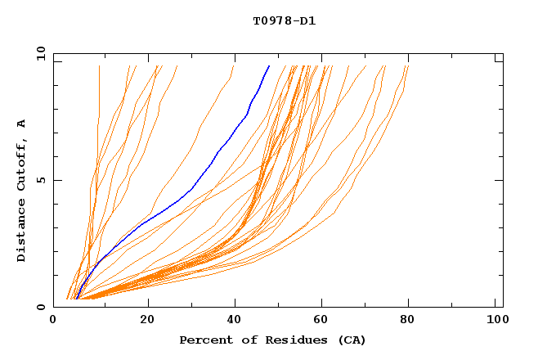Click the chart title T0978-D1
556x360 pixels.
point(284,20)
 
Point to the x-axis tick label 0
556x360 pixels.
point(54,319)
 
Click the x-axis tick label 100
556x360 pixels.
point(496,319)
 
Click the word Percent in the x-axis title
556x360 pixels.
point(204,340)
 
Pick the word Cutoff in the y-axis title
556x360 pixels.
point(22,164)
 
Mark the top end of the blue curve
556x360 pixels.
point(269,66)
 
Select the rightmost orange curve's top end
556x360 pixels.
point(407,66)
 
